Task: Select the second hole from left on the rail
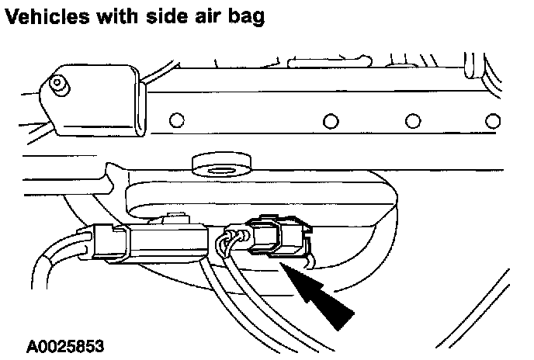click(331, 122)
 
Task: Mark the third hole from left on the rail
click(412, 122)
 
